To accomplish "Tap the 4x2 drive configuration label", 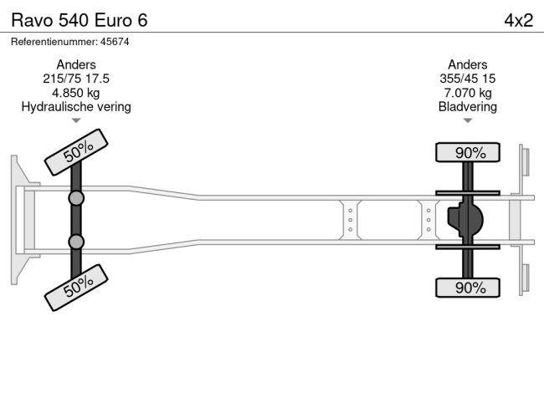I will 518,19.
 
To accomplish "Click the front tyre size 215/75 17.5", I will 76,79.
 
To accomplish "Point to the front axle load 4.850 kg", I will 76,93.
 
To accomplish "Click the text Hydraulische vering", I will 76,107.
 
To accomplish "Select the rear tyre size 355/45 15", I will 467,79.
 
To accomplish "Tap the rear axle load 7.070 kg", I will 467,93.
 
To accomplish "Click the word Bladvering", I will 467,107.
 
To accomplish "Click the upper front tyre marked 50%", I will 77,152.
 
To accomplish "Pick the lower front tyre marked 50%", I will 77,288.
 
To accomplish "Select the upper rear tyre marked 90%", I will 468,152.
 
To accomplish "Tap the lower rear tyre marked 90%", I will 468,288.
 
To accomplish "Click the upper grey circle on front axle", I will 76,198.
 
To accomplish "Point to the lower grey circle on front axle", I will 76,242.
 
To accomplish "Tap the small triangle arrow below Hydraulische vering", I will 76,121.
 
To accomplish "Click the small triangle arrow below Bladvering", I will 467,121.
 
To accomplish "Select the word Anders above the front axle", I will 76,64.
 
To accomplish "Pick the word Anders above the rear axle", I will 467,64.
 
